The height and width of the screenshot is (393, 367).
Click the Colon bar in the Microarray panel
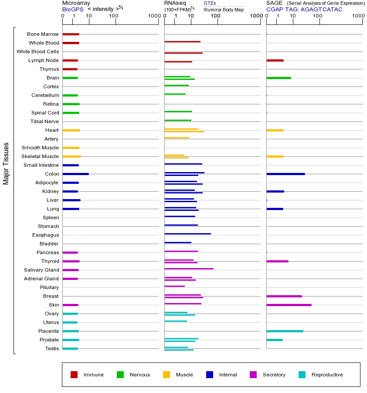click(x=76, y=174)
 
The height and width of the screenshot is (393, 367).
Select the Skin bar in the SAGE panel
click(x=289, y=305)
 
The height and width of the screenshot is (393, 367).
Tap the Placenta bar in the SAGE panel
click(x=285, y=331)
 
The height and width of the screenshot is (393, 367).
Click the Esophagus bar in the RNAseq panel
click(x=187, y=234)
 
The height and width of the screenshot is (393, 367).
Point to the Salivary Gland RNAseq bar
click(x=189, y=269)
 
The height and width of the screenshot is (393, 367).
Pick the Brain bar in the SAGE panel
click(x=279, y=78)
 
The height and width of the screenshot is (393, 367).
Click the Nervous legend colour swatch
click(x=120, y=375)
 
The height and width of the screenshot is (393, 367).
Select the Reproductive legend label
click(x=327, y=375)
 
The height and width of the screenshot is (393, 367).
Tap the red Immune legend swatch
click(x=74, y=375)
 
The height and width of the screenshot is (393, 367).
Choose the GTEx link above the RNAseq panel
click(x=210, y=3)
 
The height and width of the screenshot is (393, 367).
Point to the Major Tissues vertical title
click(x=6, y=163)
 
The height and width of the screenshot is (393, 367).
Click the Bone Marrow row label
click(x=43, y=34)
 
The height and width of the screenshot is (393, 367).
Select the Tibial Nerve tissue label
click(x=44, y=121)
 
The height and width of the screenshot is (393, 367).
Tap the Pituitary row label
click(x=49, y=287)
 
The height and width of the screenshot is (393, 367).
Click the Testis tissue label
click(x=52, y=348)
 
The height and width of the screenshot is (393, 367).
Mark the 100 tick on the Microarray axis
click(x=114, y=16)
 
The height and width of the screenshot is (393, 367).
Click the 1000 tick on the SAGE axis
click(x=358, y=16)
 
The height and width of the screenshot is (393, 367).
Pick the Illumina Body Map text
click(x=224, y=9)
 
